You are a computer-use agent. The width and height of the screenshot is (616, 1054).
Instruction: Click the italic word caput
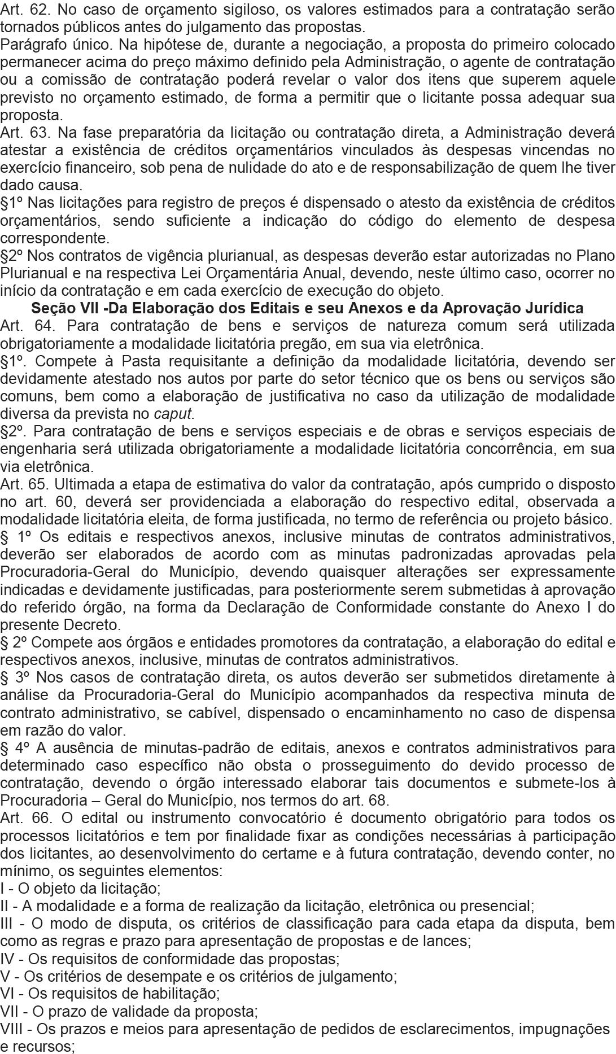174,414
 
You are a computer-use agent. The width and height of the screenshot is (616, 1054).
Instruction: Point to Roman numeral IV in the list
8,959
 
